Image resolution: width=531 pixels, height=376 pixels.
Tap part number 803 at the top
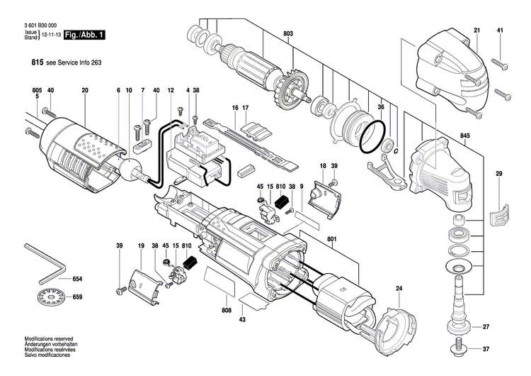pos(287,34)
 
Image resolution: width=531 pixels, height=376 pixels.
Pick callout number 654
pos(77,280)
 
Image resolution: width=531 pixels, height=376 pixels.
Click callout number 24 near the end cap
pos(399,289)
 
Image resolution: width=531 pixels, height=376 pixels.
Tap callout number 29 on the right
pos(498,175)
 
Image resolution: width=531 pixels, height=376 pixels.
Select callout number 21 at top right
pos(476,30)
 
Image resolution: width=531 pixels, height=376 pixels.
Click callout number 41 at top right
pos(500,30)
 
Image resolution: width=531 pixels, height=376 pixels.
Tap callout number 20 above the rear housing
pos(84,90)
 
